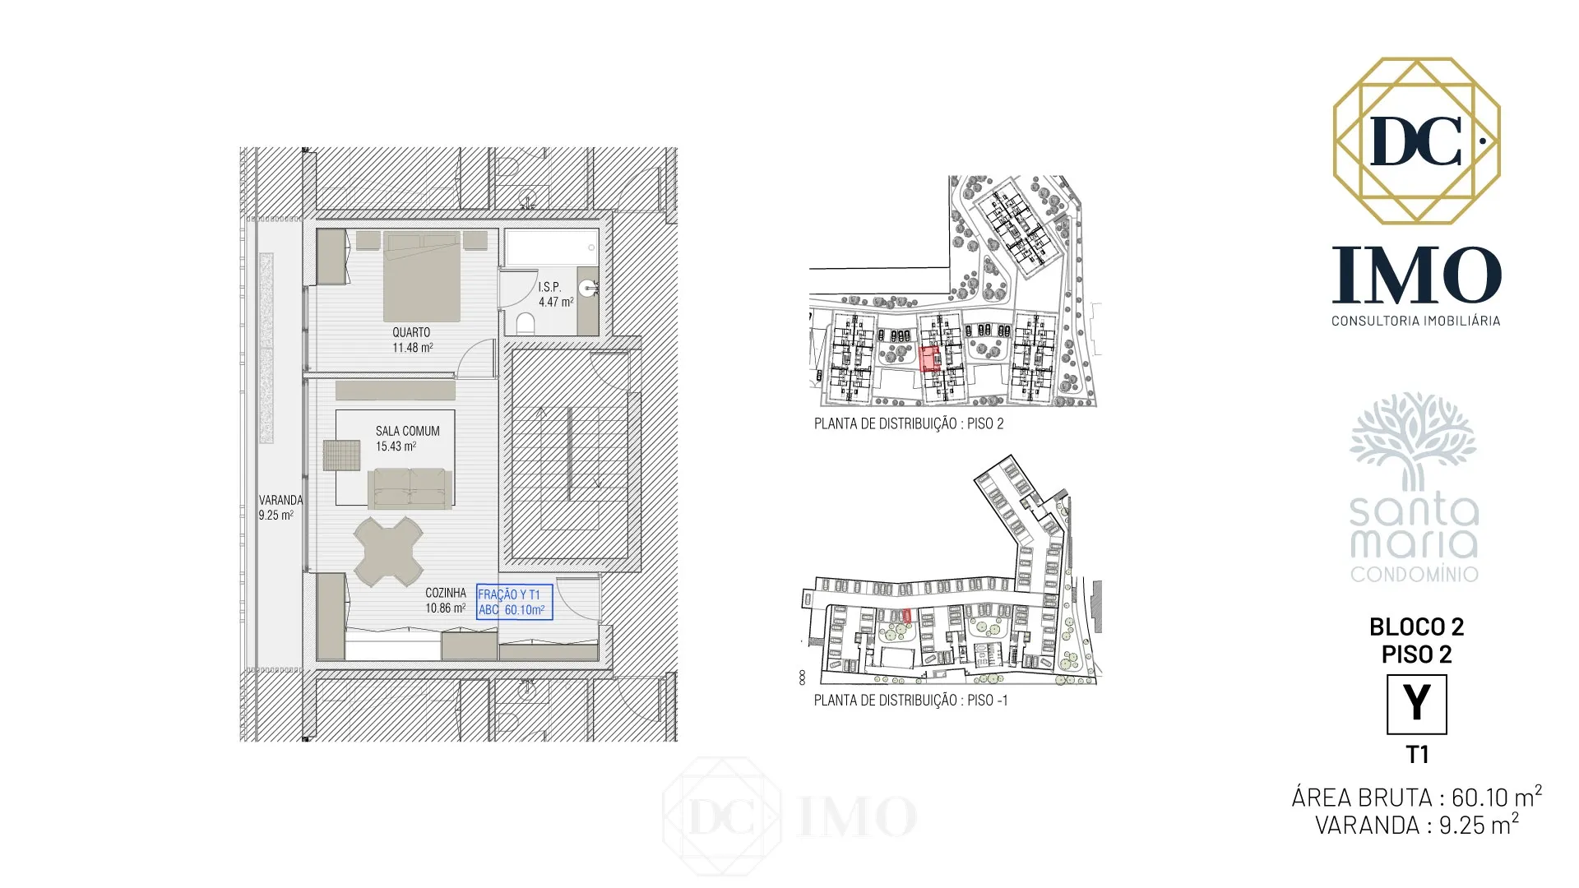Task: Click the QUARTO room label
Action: pos(411,332)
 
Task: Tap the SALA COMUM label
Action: pos(407,431)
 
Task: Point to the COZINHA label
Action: pos(446,593)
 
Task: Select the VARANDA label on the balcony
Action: pos(280,500)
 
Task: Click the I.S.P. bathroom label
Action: pos(549,287)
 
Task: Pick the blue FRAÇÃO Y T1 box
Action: pos(515,602)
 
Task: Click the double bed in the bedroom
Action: pos(422,276)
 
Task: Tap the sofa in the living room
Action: pos(410,488)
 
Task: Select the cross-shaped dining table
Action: pos(388,551)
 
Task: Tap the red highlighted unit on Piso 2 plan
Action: pos(928,359)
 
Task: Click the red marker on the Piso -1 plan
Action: pos(907,615)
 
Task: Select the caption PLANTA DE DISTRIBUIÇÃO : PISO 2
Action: pos(909,424)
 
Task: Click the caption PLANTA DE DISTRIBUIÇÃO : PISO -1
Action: pos(910,701)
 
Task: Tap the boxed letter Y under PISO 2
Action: pos(1416,705)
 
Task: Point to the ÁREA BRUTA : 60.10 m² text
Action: pos(1416,796)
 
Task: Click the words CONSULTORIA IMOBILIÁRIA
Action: pos(1415,321)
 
